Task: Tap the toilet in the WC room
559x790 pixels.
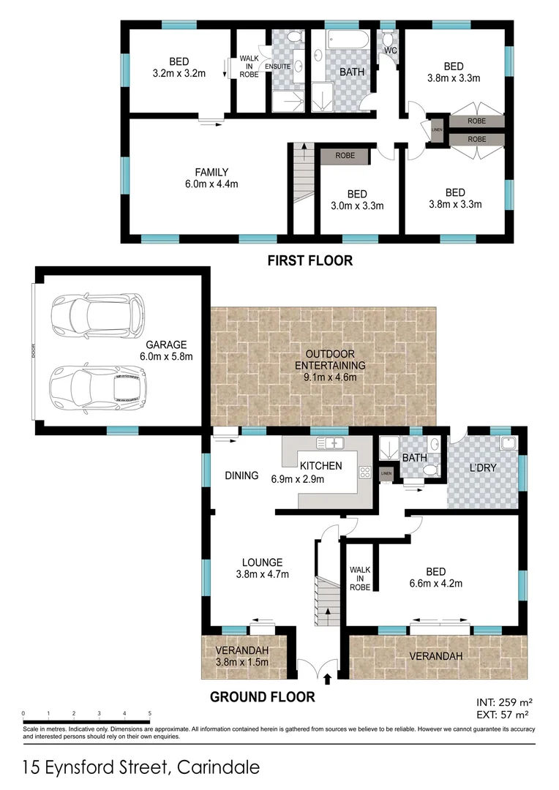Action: [388, 39]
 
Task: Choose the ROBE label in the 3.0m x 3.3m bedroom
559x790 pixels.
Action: [345, 156]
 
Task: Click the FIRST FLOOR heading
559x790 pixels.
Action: [309, 260]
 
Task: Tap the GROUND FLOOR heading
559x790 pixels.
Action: [263, 697]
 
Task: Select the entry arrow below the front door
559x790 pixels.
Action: [326, 680]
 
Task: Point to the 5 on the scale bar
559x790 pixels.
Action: [149, 712]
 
